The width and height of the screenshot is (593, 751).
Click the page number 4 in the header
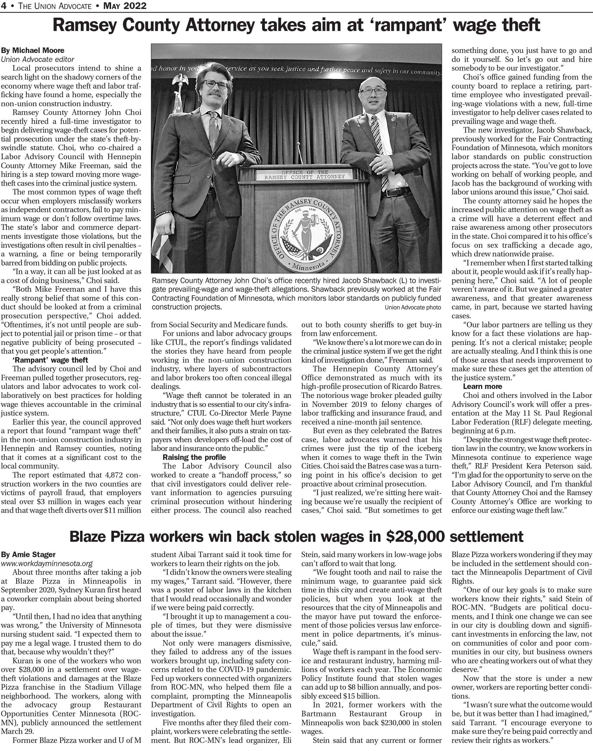[x=3, y=6]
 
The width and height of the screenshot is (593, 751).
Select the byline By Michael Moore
[x=33, y=50]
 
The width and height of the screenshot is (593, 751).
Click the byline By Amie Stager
[x=28, y=554]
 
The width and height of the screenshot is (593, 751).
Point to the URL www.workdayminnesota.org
[x=47, y=563]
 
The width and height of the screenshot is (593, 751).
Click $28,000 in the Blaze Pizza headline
[x=415, y=537]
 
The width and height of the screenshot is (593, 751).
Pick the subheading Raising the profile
[x=194, y=457]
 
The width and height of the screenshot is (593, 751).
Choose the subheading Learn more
[x=482, y=386]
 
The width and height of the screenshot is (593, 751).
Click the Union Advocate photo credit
[x=412, y=307]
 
